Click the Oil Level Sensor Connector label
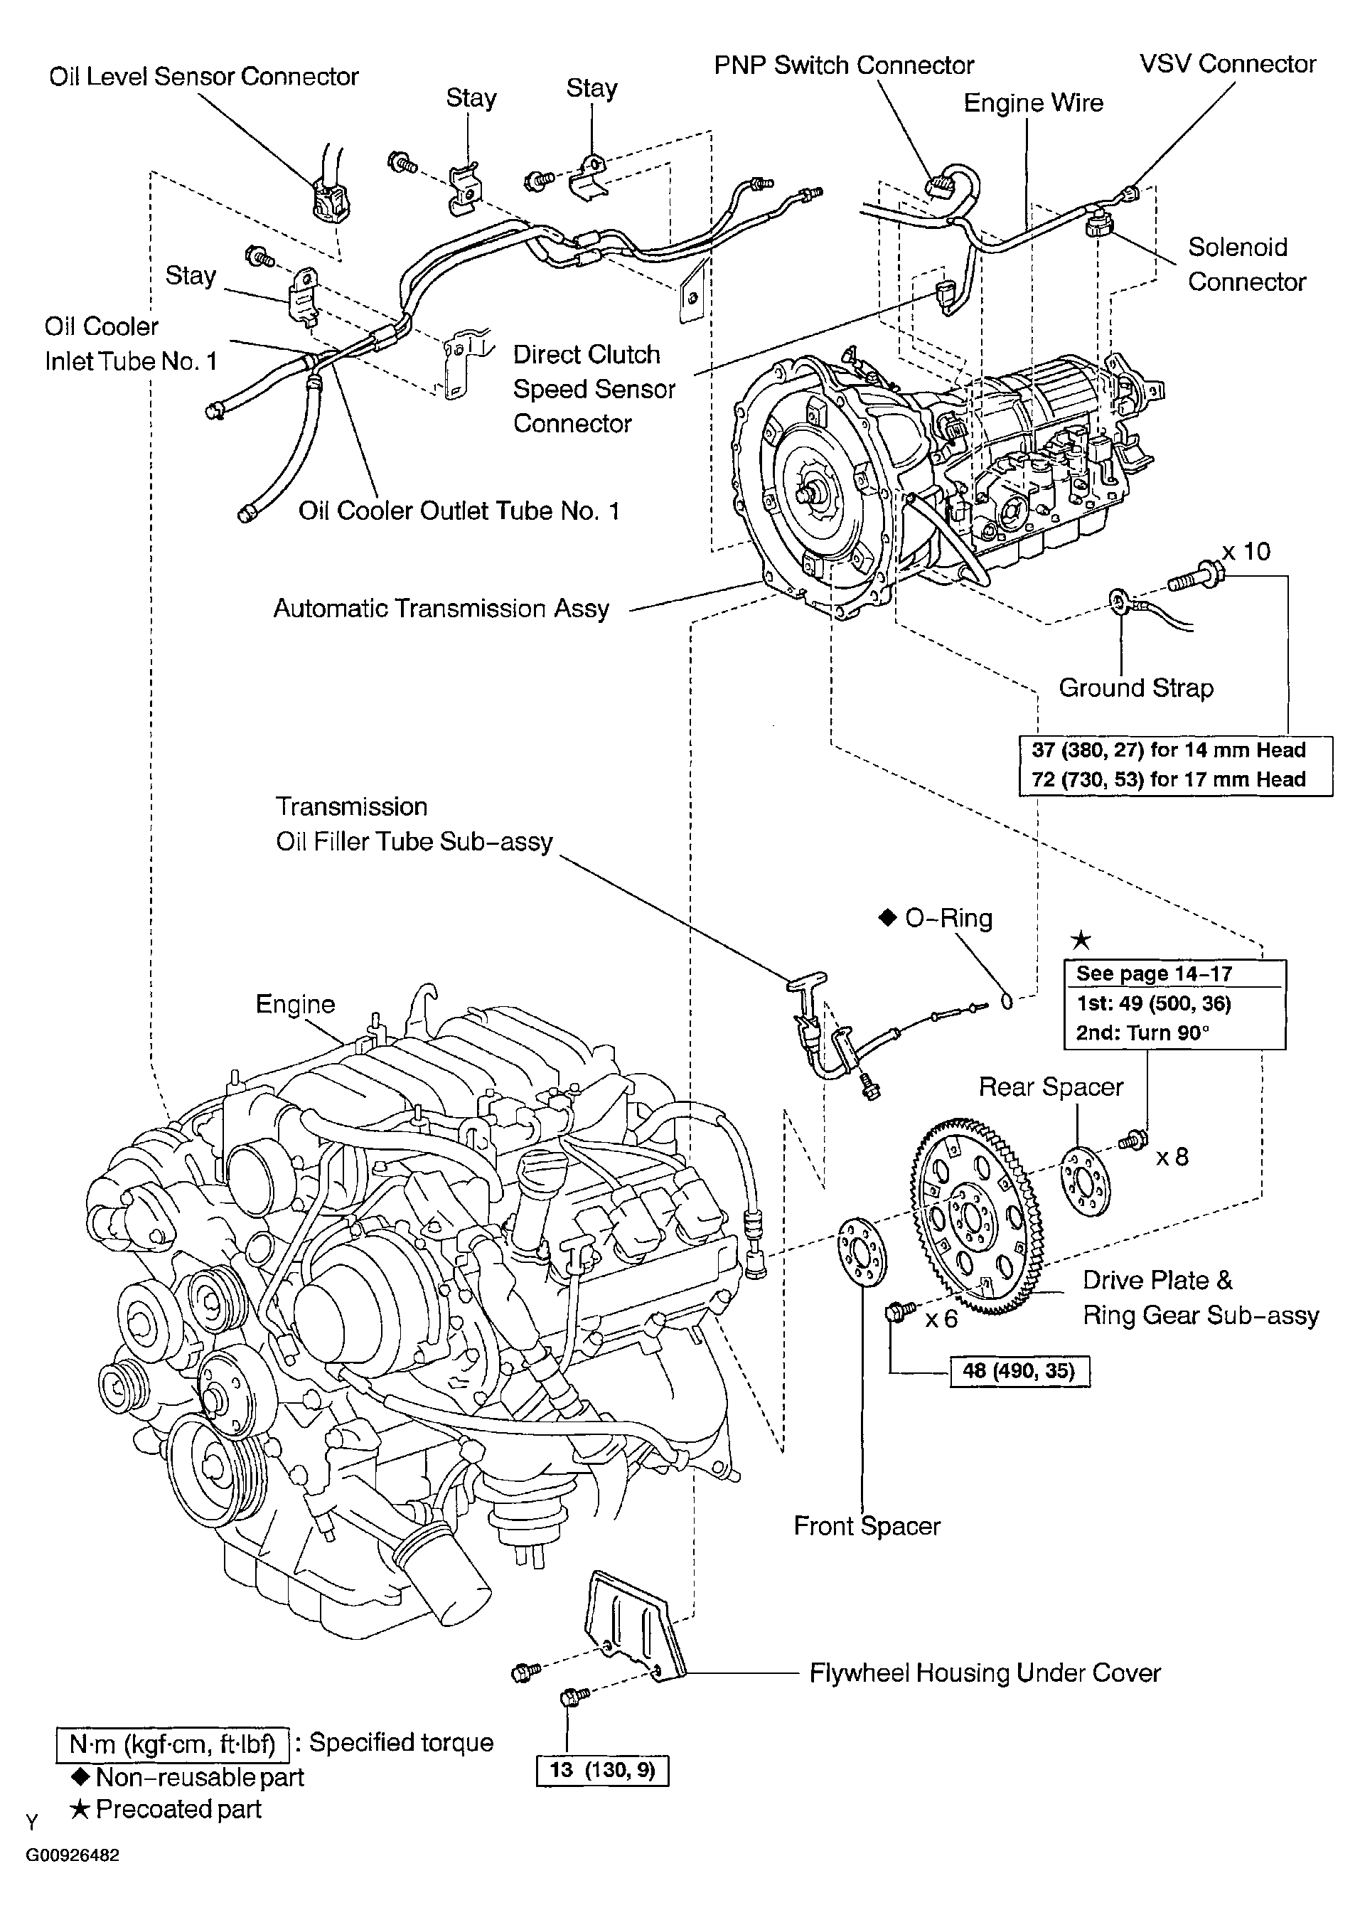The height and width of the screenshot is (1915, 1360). coord(203,76)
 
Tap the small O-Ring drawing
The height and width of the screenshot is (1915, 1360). coord(1007,1001)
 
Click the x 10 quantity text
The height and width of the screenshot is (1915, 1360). coord(1246,552)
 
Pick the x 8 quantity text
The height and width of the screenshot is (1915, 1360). coord(1172,1157)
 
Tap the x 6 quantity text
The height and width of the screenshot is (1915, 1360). coord(941,1319)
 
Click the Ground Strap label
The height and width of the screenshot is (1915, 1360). coord(1135,688)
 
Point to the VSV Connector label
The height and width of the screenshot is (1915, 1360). coord(1227,64)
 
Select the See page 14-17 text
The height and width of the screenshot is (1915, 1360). coord(1153,973)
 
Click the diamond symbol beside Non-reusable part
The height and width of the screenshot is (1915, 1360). coord(81,1777)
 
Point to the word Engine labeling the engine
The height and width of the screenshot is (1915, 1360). coord(295,1003)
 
